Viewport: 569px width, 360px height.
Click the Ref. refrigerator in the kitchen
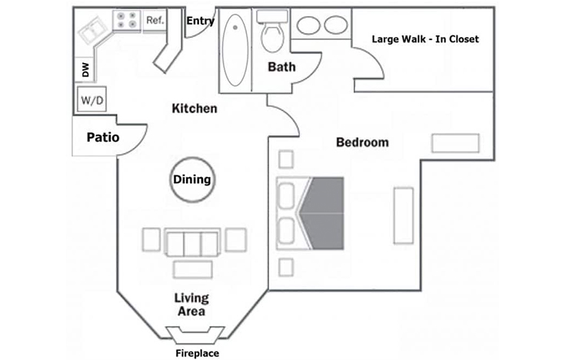coord(155,20)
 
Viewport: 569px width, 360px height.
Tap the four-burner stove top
coord(127,20)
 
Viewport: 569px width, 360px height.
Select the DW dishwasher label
coord(85,70)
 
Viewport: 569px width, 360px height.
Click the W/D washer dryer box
coord(92,99)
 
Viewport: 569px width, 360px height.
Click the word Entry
coord(200,21)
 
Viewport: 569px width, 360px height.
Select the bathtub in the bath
coord(235,50)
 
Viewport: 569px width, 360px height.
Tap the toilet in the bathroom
coord(272,32)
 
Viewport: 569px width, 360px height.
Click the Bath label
coord(281,67)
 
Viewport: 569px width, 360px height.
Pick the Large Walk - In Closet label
coord(425,38)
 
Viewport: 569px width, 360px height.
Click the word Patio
coord(103,137)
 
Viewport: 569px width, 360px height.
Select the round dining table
coord(192,179)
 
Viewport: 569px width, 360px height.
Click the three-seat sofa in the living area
coord(192,242)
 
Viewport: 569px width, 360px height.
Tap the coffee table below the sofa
coord(193,269)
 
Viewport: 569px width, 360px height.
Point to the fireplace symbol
coord(195,335)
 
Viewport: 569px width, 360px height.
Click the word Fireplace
coord(198,353)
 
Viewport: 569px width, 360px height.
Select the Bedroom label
coord(362,142)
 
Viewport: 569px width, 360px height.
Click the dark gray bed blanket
coord(323,213)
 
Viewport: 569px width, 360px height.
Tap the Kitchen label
coord(195,108)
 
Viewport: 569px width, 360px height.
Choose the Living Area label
coord(191,305)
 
